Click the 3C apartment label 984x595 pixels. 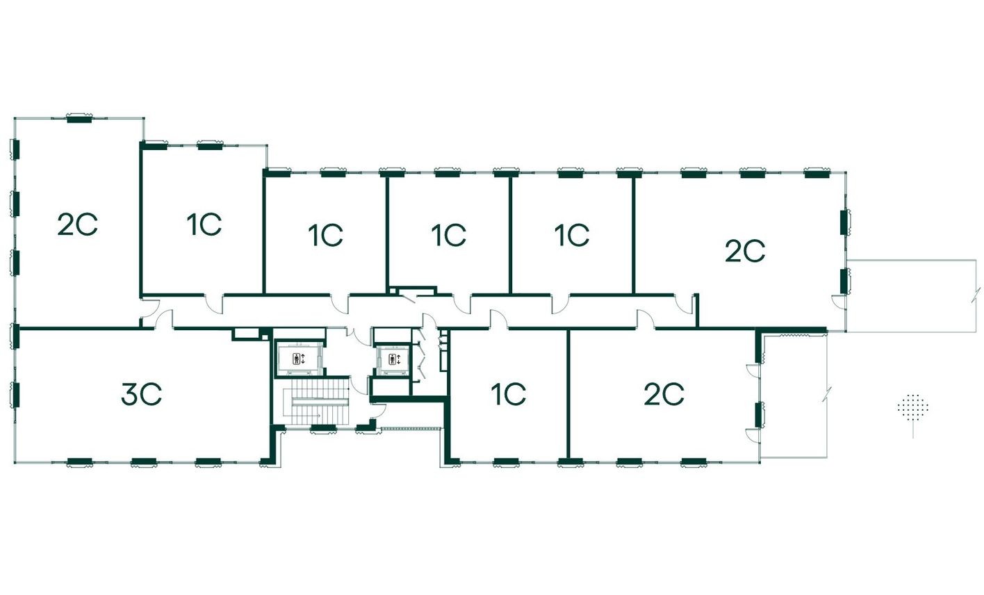pos(141,395)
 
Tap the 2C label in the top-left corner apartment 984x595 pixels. pos(77,225)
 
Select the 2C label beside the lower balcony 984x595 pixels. pos(664,395)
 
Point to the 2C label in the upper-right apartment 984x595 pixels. pos(744,252)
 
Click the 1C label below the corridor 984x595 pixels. pos(508,395)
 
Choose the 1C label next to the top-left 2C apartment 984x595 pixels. pos(203,225)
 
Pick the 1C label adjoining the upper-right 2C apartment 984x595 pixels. pos(571,235)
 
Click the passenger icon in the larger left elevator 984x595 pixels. pos(297,359)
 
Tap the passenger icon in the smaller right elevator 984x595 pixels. pos(393,359)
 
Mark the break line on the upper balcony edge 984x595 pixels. pos(976,296)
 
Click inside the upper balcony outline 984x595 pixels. pos(910,295)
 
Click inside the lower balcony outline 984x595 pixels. pos(792,396)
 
